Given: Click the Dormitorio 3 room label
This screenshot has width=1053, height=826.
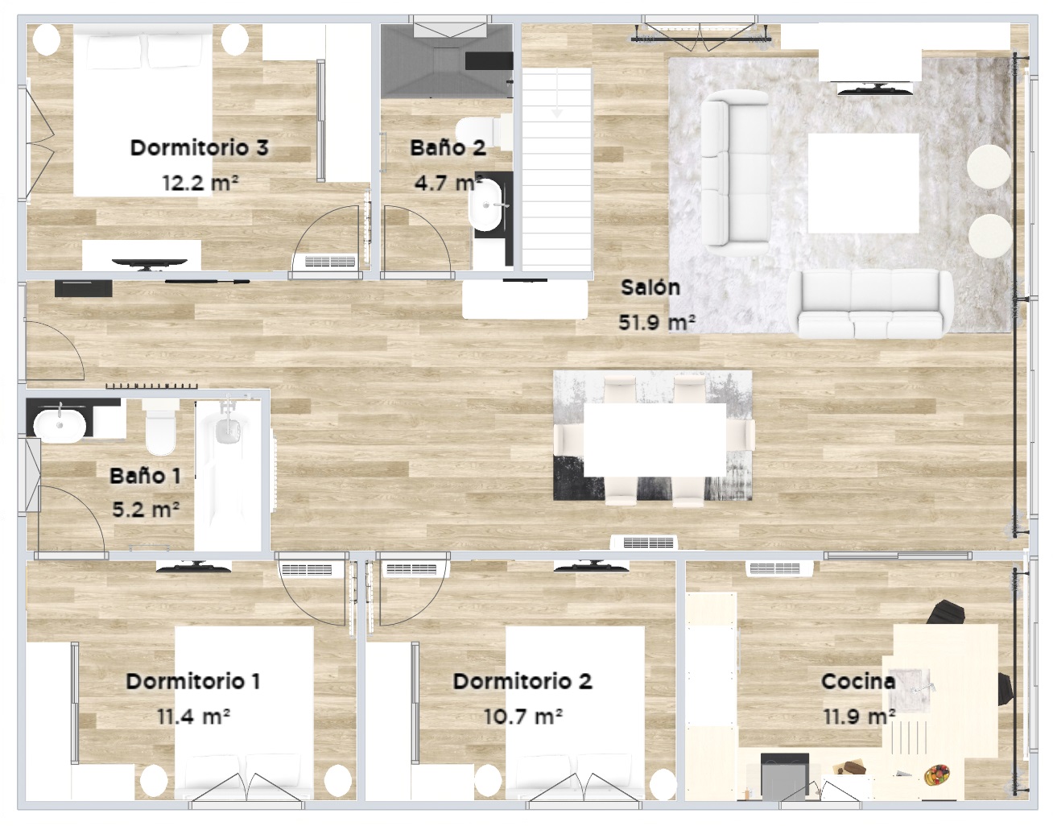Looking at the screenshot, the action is click(199, 148).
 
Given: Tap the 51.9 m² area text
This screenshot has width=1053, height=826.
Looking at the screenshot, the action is click(657, 322).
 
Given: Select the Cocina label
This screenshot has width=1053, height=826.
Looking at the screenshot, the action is click(858, 681).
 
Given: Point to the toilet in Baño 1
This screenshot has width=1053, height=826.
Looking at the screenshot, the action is click(160, 427).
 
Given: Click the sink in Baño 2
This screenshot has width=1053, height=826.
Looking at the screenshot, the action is click(485, 205).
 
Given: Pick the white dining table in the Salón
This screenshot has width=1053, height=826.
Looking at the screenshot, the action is click(655, 440).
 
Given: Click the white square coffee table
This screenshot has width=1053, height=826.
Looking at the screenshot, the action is click(864, 183).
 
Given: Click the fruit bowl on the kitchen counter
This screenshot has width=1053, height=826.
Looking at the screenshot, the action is click(936, 774).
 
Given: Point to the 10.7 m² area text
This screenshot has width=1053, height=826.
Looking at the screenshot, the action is click(522, 716).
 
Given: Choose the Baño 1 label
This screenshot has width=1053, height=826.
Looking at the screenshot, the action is click(146, 476).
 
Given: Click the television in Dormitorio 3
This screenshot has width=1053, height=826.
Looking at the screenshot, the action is click(149, 263).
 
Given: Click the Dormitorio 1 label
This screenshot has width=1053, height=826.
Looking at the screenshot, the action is click(193, 681).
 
